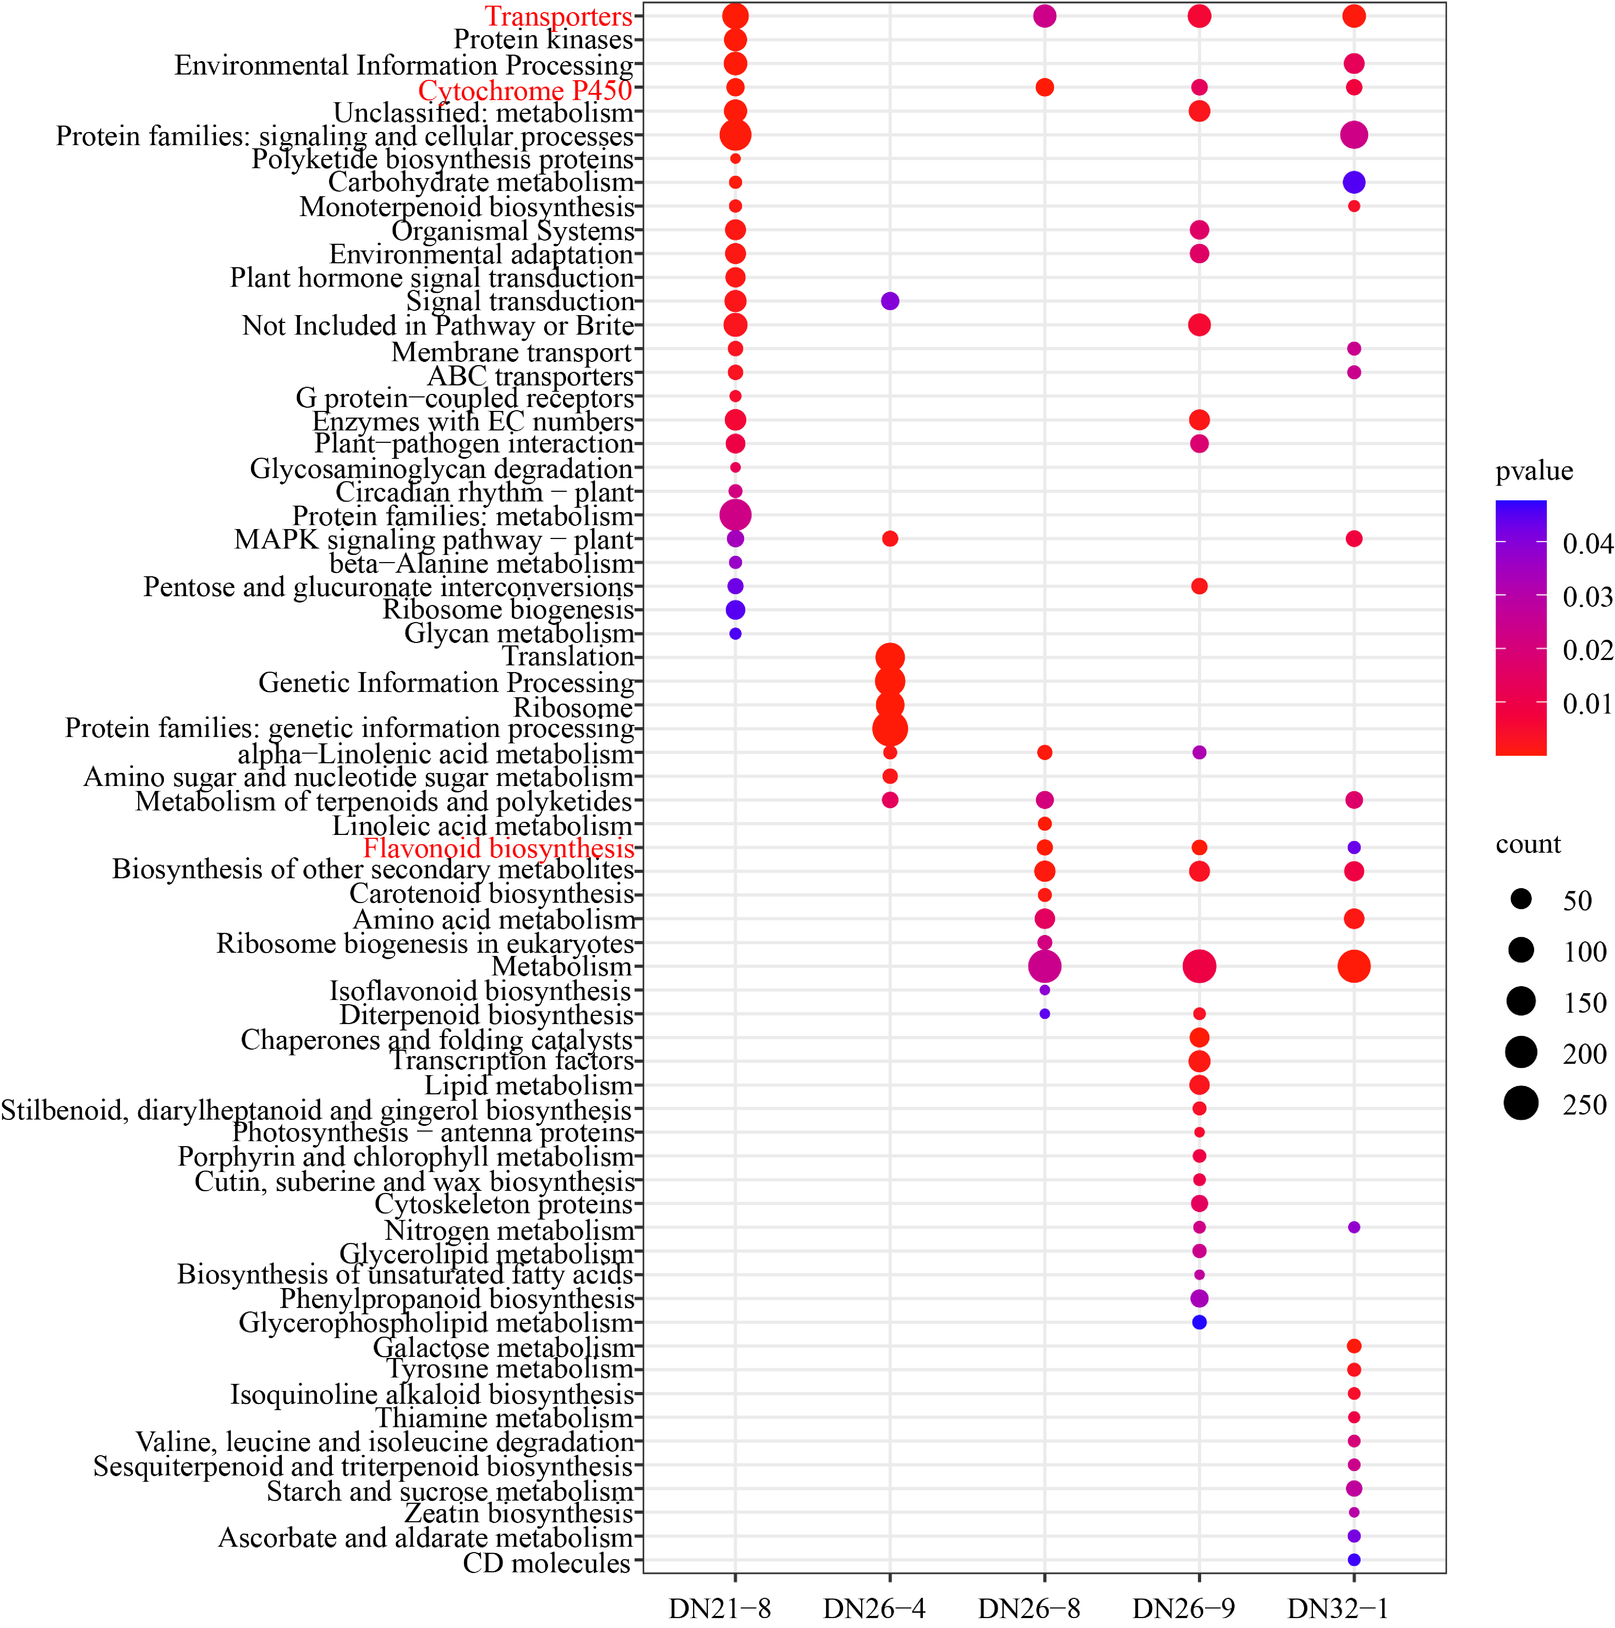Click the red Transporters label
coord(558,16)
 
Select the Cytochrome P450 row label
coord(524,89)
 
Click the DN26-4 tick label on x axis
coord(874,1608)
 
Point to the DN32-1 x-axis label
coord(1338,1608)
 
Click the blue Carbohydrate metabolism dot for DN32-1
coord(1354,182)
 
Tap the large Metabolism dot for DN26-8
coord(1044,967)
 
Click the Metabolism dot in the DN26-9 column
coord(1199,967)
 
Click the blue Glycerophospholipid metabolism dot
coord(1199,1322)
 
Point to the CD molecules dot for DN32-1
coord(1354,1560)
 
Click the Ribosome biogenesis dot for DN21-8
coord(735,609)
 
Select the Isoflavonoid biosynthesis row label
coord(481,991)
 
